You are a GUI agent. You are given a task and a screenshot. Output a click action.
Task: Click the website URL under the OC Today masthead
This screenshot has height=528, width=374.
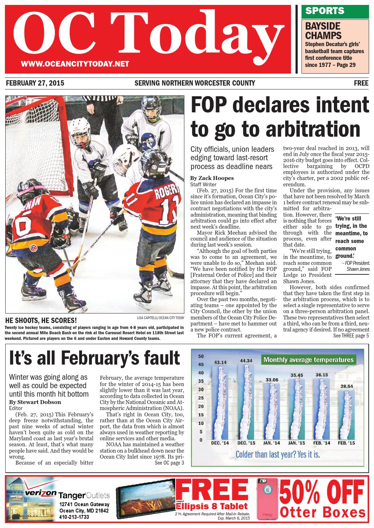pyautogui.click(x=75, y=64)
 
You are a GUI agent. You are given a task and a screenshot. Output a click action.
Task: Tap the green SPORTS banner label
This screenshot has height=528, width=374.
pyautogui.click(x=325, y=11)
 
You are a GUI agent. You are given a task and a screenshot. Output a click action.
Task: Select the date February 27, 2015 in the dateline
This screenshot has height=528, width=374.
pyautogui.click(x=35, y=83)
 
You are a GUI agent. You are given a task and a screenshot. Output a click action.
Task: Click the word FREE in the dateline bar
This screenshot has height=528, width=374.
pyautogui.click(x=361, y=83)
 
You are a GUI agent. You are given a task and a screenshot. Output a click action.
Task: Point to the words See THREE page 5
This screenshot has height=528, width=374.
pyautogui.click(x=350, y=336)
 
